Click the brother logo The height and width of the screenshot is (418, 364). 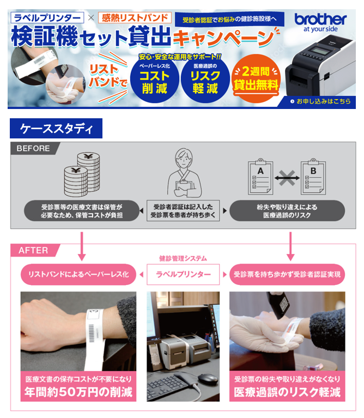(320, 22)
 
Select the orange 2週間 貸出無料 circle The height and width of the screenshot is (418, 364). (256, 78)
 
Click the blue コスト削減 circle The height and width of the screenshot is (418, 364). (155, 80)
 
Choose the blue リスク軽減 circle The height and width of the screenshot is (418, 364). (205, 80)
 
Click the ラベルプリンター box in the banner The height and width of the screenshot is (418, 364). (47, 17)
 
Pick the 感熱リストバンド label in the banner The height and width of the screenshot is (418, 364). (135, 17)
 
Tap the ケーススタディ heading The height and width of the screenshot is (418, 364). (56, 129)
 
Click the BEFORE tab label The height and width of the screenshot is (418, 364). (33, 148)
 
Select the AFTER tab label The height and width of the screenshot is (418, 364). (33, 250)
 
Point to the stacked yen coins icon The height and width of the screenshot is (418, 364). (82, 174)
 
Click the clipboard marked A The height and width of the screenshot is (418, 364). (260, 177)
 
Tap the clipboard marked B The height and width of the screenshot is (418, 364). (313, 177)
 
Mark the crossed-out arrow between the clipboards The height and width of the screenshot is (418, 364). (287, 178)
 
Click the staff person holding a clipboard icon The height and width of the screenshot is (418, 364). (184, 173)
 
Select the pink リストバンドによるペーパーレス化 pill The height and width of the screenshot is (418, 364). (78, 274)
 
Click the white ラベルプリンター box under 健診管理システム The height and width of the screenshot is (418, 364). (183, 274)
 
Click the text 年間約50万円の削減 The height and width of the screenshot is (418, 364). (78, 392)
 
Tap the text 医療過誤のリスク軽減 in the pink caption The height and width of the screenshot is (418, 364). (287, 392)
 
